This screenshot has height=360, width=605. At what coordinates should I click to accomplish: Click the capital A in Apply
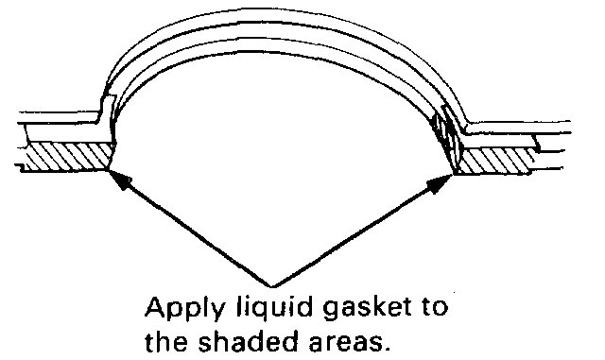153,308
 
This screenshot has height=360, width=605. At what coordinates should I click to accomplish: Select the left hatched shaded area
61,157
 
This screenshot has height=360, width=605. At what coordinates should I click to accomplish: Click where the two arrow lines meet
274,284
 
